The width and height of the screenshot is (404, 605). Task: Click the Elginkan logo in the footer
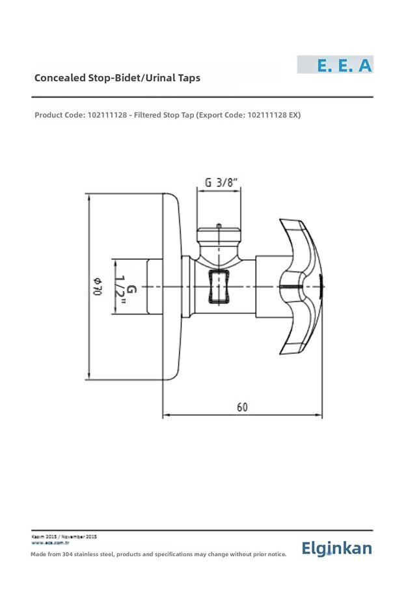pos(336,548)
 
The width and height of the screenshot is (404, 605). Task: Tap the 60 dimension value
pos(242,407)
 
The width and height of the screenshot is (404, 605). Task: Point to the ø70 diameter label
pos(98,287)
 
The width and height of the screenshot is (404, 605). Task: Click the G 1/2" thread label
pos(126,287)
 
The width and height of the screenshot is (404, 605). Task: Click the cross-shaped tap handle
pos(301,287)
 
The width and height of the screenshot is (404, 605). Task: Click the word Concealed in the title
pos(60,78)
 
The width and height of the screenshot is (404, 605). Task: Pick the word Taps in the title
pos(187,78)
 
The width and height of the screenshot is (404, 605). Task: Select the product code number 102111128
pos(108,115)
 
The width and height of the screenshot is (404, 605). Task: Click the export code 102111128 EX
pos(274,115)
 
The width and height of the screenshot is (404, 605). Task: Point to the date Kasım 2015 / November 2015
pos(64,536)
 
